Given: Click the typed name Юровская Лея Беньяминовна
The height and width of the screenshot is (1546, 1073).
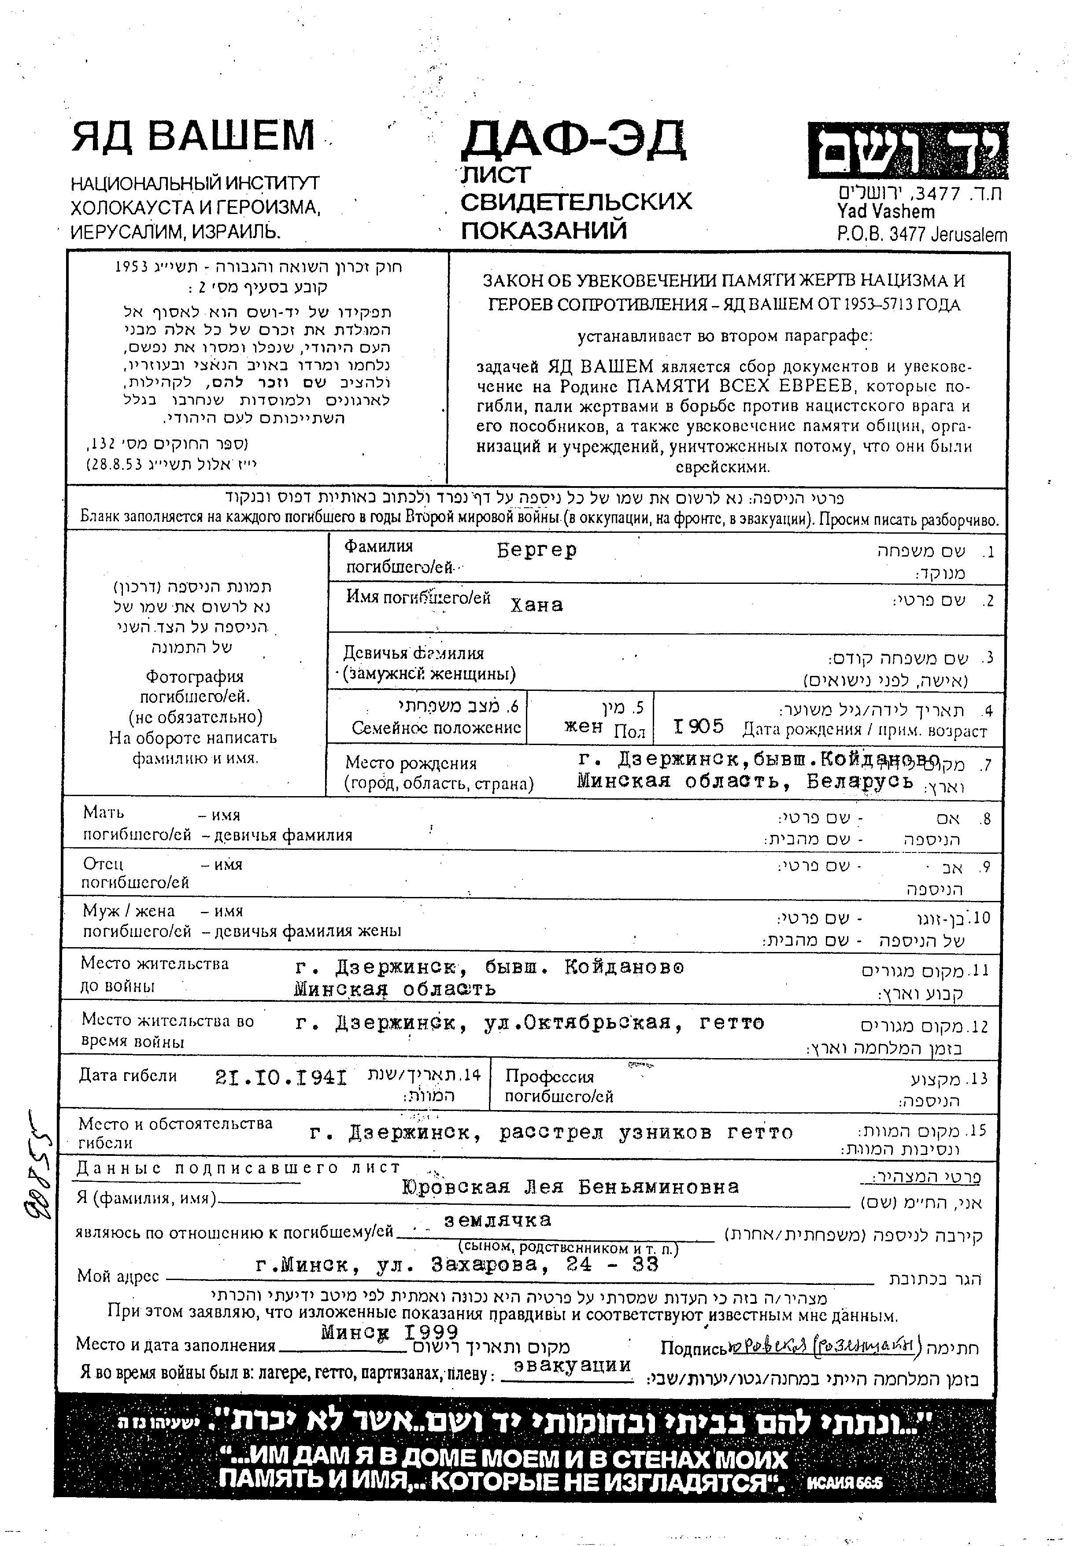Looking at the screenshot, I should [570, 1187].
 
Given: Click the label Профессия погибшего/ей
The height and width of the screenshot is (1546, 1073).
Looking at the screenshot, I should [559, 1086].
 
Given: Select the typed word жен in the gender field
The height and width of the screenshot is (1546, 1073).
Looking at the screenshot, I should [582, 726].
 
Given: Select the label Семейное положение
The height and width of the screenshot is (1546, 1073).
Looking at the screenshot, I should [437, 728].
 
